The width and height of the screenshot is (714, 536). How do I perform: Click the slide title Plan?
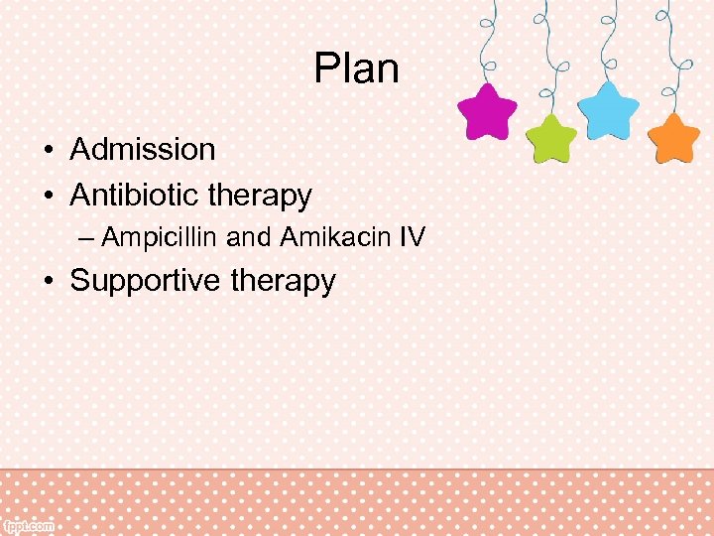click(x=356, y=69)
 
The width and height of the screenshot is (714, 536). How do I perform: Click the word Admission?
click(x=143, y=150)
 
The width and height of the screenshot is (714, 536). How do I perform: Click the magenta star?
click(x=487, y=113)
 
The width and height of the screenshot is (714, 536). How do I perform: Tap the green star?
click(x=550, y=138)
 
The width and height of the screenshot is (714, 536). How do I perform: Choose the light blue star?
click(x=608, y=110)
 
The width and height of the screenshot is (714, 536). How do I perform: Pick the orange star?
click(x=674, y=139)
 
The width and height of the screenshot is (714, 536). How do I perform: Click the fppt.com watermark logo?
click(x=29, y=526)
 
